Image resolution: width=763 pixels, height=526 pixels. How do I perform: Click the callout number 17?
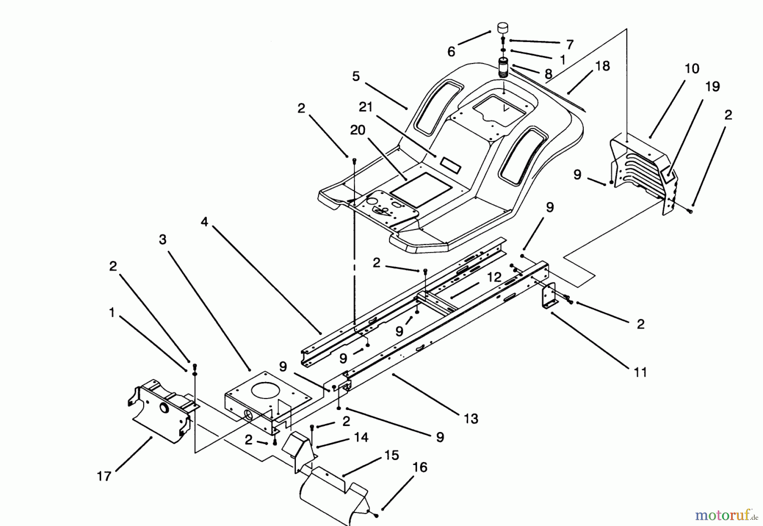click(x=104, y=476)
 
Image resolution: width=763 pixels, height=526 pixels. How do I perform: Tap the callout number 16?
click(x=419, y=468)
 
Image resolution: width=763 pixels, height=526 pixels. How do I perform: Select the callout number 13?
click(x=471, y=419)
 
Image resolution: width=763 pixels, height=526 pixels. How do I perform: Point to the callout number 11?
click(x=640, y=372)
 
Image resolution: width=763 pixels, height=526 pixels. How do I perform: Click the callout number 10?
click(x=692, y=69)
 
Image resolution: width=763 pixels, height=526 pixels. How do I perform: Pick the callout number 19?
click(x=713, y=87)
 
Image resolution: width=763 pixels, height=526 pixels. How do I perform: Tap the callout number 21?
click(x=366, y=107)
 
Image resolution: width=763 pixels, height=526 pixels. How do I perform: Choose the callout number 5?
click(x=356, y=76)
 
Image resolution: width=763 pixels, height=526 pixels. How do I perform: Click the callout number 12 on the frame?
click(x=494, y=277)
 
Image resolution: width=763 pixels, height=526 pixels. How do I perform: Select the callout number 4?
click(x=205, y=221)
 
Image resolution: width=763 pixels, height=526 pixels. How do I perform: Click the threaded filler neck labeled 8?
click(x=504, y=68)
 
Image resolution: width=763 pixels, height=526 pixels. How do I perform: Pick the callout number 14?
click(x=361, y=437)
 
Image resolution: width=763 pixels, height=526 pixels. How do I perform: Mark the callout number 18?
click(x=602, y=66)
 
